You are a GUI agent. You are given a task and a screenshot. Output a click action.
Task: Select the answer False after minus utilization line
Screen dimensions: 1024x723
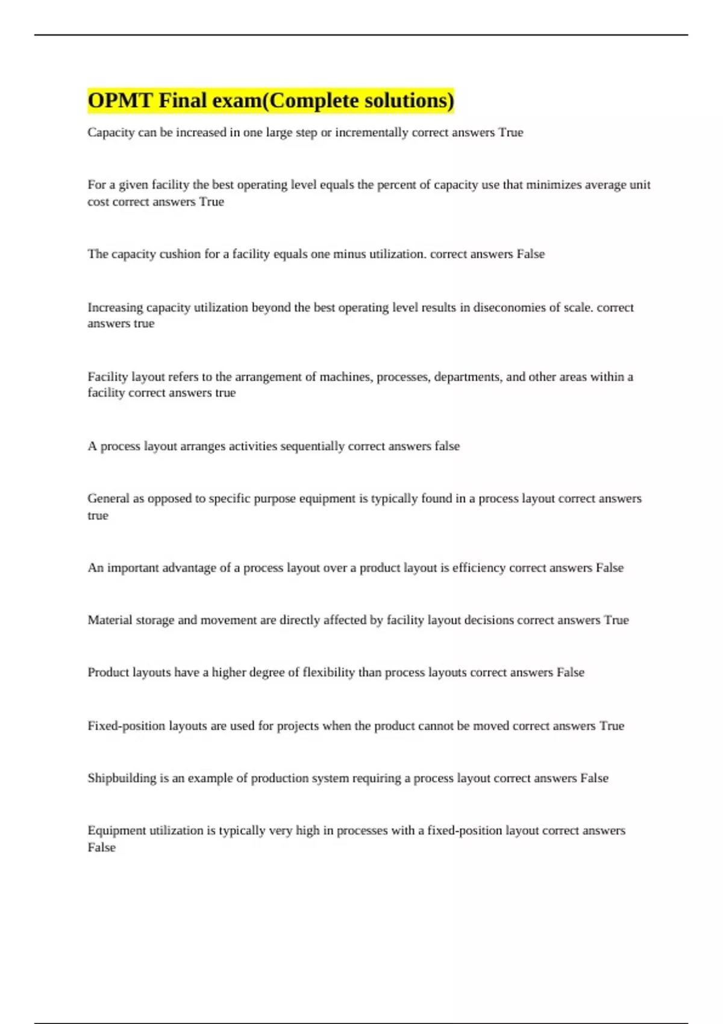click(x=530, y=254)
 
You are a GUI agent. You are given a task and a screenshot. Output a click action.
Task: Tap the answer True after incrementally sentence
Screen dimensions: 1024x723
click(x=510, y=133)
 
